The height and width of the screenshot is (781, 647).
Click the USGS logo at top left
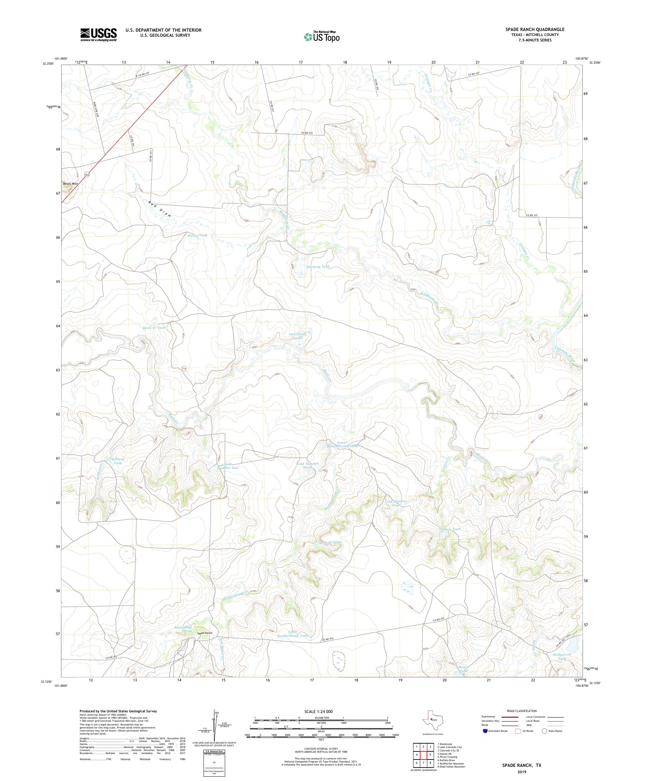click(98, 35)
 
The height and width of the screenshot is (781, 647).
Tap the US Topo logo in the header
click(322, 36)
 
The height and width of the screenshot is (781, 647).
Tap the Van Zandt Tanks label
click(298, 336)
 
